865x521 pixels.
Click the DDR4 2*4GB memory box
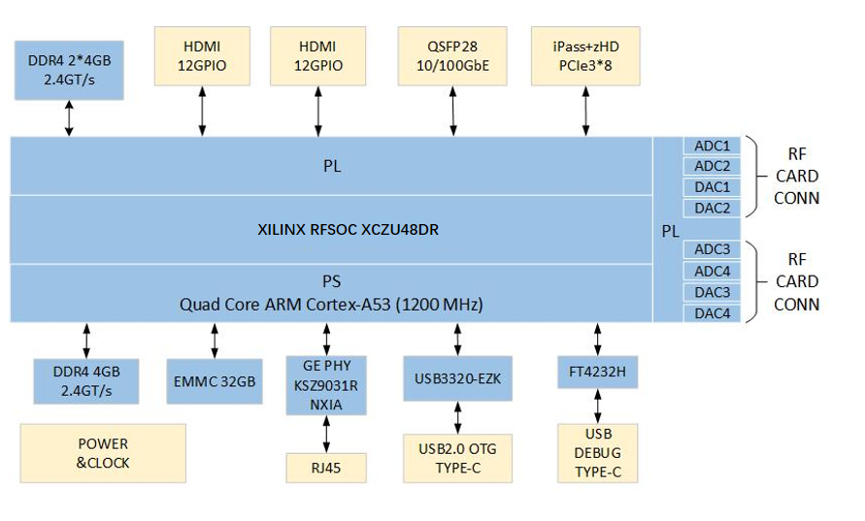coord(69,69)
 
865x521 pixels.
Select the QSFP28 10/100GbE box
coord(452,56)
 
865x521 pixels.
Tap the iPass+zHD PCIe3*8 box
coord(585,56)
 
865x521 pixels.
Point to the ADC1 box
coord(712,146)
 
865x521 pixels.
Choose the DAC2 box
coord(712,208)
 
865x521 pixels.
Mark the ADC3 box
coord(712,250)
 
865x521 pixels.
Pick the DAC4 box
coord(712,313)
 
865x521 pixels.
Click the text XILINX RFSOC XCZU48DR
coord(331,230)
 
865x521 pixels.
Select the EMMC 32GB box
coord(213,382)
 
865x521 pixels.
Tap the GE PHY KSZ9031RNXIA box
coord(326,385)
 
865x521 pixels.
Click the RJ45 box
coord(326,469)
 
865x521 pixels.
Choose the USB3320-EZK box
coord(456,378)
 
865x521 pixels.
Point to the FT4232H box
coord(597,373)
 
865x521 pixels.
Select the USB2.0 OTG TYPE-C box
coord(456,458)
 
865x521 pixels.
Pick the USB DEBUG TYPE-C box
coord(597,453)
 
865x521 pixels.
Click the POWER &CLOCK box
coord(102,454)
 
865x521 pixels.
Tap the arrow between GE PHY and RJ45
coord(326,434)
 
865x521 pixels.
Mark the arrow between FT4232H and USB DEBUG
coord(597,407)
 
